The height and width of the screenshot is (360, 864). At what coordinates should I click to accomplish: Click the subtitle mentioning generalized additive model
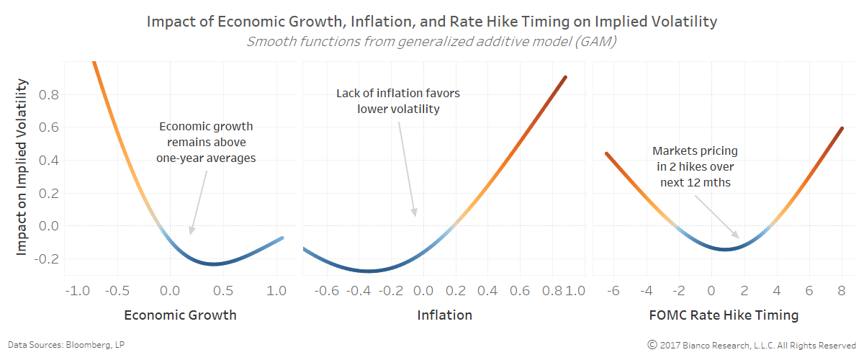point(431,41)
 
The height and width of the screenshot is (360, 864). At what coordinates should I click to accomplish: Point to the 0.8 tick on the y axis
point(49,94)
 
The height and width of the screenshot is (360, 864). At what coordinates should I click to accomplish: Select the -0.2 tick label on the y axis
point(47,258)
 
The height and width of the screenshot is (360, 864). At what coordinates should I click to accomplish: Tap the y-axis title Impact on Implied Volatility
point(21,167)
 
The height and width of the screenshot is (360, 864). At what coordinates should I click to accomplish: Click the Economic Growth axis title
point(180,315)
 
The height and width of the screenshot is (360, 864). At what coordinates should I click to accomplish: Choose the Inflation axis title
point(445,315)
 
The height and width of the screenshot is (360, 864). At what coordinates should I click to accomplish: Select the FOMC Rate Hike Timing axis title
point(724,315)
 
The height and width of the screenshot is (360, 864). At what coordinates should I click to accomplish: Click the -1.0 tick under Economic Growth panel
point(77,291)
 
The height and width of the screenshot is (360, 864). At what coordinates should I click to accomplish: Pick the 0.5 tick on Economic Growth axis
point(223,291)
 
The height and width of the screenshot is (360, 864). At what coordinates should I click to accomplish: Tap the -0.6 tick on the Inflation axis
point(327,291)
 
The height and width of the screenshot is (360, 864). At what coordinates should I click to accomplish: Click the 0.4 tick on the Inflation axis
point(487,291)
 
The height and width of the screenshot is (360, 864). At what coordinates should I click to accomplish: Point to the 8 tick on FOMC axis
point(842,291)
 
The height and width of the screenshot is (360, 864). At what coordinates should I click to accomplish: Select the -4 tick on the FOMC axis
point(646,291)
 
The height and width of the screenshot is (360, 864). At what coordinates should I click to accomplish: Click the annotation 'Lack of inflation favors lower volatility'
point(398,101)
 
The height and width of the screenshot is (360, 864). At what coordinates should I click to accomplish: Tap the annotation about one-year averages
point(206,142)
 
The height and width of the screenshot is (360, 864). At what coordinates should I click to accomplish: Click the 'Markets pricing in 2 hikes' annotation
point(695,167)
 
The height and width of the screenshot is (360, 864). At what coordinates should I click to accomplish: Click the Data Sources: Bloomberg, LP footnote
point(66,345)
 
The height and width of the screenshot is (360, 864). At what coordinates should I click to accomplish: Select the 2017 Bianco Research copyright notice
point(752,345)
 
